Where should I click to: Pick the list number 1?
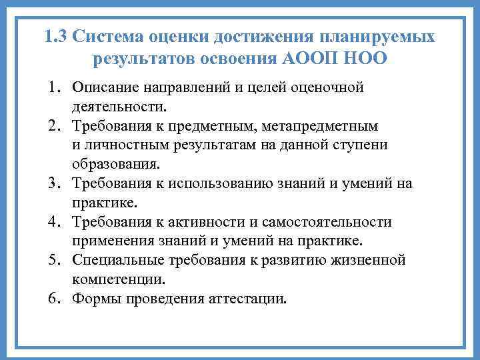(x=54, y=87)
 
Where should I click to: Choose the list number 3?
(x=54, y=183)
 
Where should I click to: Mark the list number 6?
(x=54, y=298)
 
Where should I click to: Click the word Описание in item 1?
(x=105, y=87)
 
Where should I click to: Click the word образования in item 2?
(x=115, y=164)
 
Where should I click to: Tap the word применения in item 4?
(x=115, y=241)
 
